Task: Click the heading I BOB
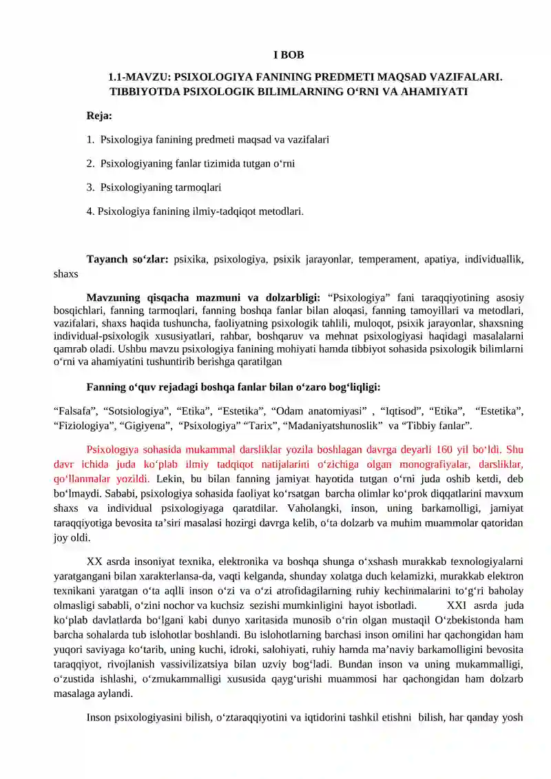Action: point(289,55)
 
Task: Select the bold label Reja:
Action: point(99,116)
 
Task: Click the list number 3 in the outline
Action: point(90,187)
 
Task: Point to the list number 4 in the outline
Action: point(90,211)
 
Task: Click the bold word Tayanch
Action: point(109,260)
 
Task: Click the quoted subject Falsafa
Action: point(74,412)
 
